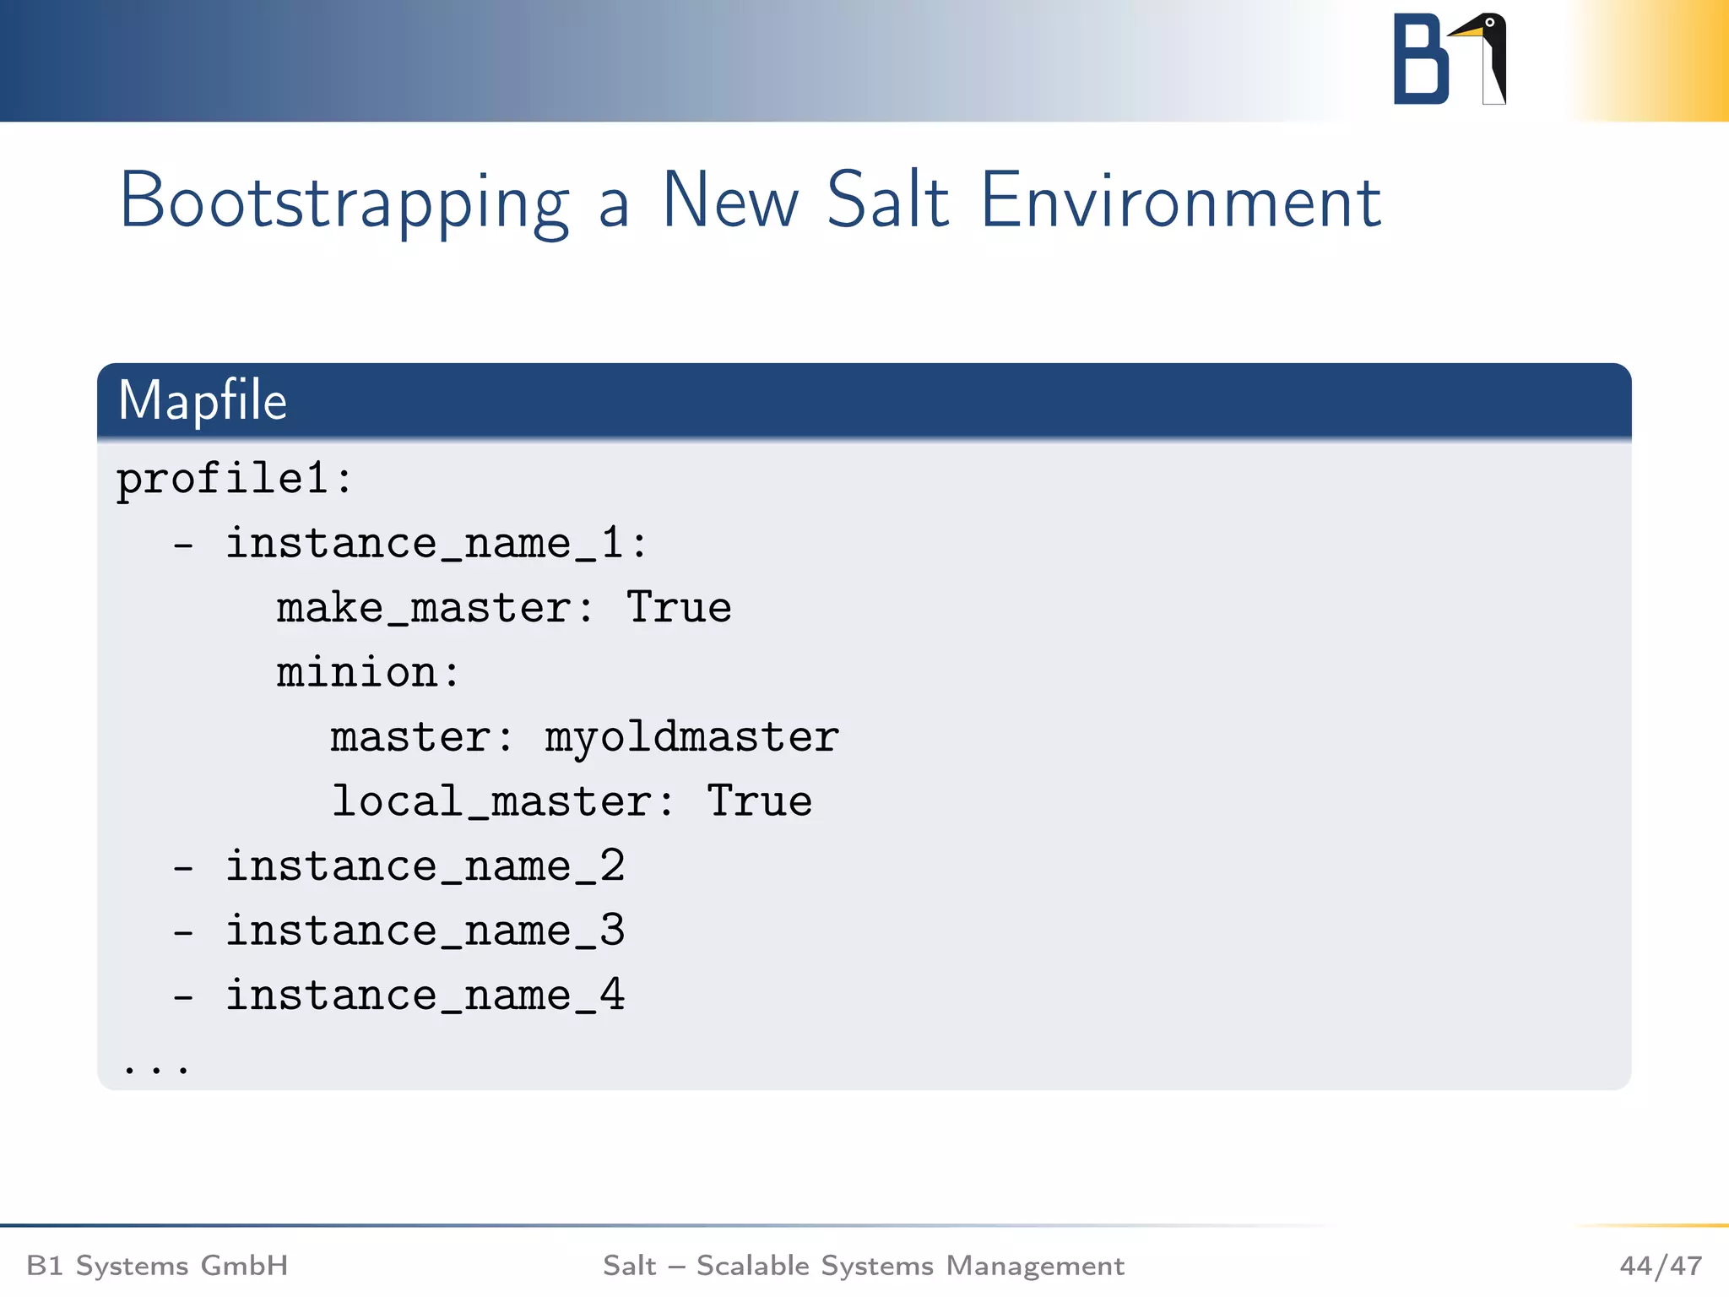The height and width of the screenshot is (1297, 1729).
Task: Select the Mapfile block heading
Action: pyautogui.click(x=203, y=400)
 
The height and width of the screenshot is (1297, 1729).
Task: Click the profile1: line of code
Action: pyautogui.click(x=234, y=480)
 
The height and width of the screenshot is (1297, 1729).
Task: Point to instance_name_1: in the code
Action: pyautogui.click(x=436, y=543)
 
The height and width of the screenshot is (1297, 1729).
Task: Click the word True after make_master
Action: pyautogui.click(x=679, y=608)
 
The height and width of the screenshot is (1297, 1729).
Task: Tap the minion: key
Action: pyautogui.click(x=368, y=673)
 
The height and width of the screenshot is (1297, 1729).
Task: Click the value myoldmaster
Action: pyautogui.click(x=691, y=737)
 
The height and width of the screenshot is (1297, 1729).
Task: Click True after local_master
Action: pyautogui.click(x=759, y=801)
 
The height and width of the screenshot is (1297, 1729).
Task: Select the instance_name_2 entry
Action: pyautogui.click(x=425, y=866)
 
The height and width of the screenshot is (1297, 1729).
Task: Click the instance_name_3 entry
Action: pyautogui.click(x=425, y=931)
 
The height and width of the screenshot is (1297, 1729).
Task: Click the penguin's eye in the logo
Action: pyautogui.click(x=1489, y=22)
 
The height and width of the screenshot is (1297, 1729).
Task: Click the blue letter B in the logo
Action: pyautogui.click(x=1420, y=59)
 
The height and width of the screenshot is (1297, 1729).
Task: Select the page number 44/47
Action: pyautogui.click(x=1660, y=1266)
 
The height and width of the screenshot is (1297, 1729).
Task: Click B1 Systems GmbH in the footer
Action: pyautogui.click(x=158, y=1266)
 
